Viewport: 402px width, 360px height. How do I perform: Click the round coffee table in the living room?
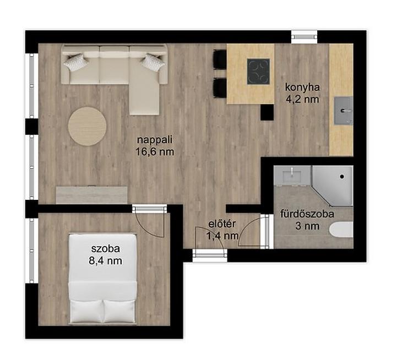(x=87, y=126)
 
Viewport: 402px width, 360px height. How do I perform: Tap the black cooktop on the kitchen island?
(x=258, y=72)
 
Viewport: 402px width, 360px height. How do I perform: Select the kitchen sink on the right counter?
(x=343, y=111)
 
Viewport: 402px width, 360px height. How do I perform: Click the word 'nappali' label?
(x=155, y=140)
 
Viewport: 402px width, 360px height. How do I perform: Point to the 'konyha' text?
(x=302, y=88)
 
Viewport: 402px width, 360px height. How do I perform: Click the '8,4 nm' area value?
(x=105, y=261)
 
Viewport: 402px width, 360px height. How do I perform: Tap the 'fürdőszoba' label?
(x=307, y=214)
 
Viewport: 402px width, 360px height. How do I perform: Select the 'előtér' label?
(x=222, y=224)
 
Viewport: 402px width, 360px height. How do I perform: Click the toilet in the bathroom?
(x=341, y=230)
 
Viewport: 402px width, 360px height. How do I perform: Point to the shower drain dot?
(x=342, y=177)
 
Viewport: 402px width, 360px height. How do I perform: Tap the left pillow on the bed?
(x=86, y=312)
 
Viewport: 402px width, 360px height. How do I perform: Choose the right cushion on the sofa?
(x=153, y=62)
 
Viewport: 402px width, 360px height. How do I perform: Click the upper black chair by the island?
(x=220, y=59)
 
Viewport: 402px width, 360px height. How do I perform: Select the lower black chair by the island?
(x=220, y=88)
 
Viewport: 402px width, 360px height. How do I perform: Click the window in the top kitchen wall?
(x=305, y=37)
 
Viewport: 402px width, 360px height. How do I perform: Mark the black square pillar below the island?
(x=267, y=112)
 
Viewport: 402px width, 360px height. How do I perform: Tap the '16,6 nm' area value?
(x=155, y=152)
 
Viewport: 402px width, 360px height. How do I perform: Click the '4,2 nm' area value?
(x=302, y=99)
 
